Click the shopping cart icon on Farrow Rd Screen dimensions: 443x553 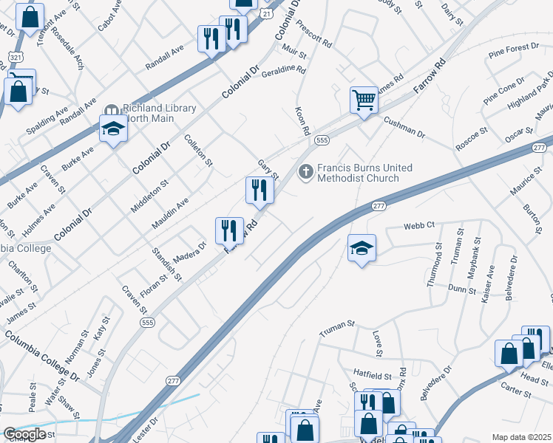tap(364, 100)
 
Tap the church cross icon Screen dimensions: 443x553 tap(305, 172)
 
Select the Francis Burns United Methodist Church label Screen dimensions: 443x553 tap(359, 173)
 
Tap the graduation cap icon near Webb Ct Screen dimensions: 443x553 tap(362, 248)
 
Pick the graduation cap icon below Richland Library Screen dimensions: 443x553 tap(113, 128)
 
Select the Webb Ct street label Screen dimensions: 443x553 tap(418, 225)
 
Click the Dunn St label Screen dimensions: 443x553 tap(462, 289)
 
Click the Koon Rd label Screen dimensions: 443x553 tap(302, 120)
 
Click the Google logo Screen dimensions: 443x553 tap(24, 434)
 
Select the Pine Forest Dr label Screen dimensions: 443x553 tap(514, 51)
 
